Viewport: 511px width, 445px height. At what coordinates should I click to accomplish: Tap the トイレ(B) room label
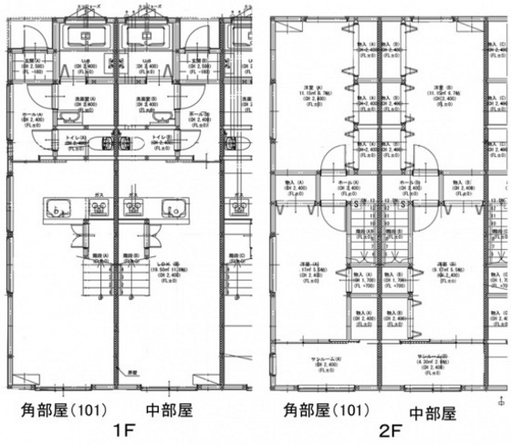pos(160,138)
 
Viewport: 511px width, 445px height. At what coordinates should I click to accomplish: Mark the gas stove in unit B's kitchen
pos(134,209)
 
